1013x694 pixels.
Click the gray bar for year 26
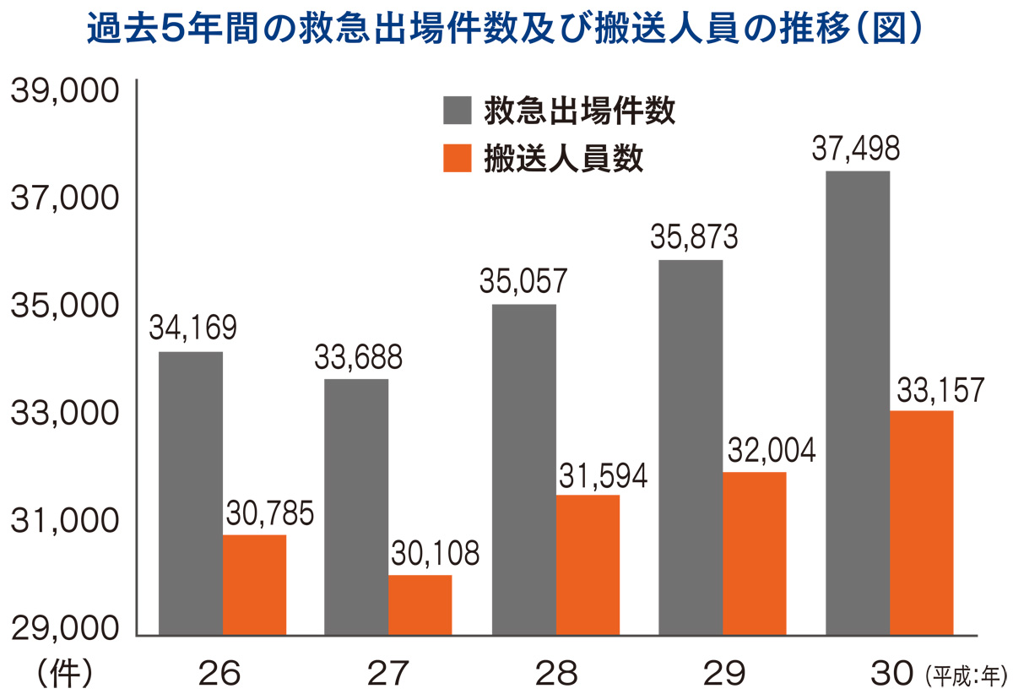pos(190,493)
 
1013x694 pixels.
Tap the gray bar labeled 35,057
pos(523,469)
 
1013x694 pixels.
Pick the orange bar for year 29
pos(754,553)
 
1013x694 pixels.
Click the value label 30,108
pos(435,554)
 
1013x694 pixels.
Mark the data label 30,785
pos(268,513)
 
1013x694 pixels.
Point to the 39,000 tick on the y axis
pos(62,91)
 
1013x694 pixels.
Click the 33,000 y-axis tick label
pos(62,414)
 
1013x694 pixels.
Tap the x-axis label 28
pos(556,673)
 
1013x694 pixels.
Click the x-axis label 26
pos(220,673)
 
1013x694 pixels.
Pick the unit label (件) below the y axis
pos(64,673)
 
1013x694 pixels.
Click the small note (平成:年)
pos(962,675)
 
